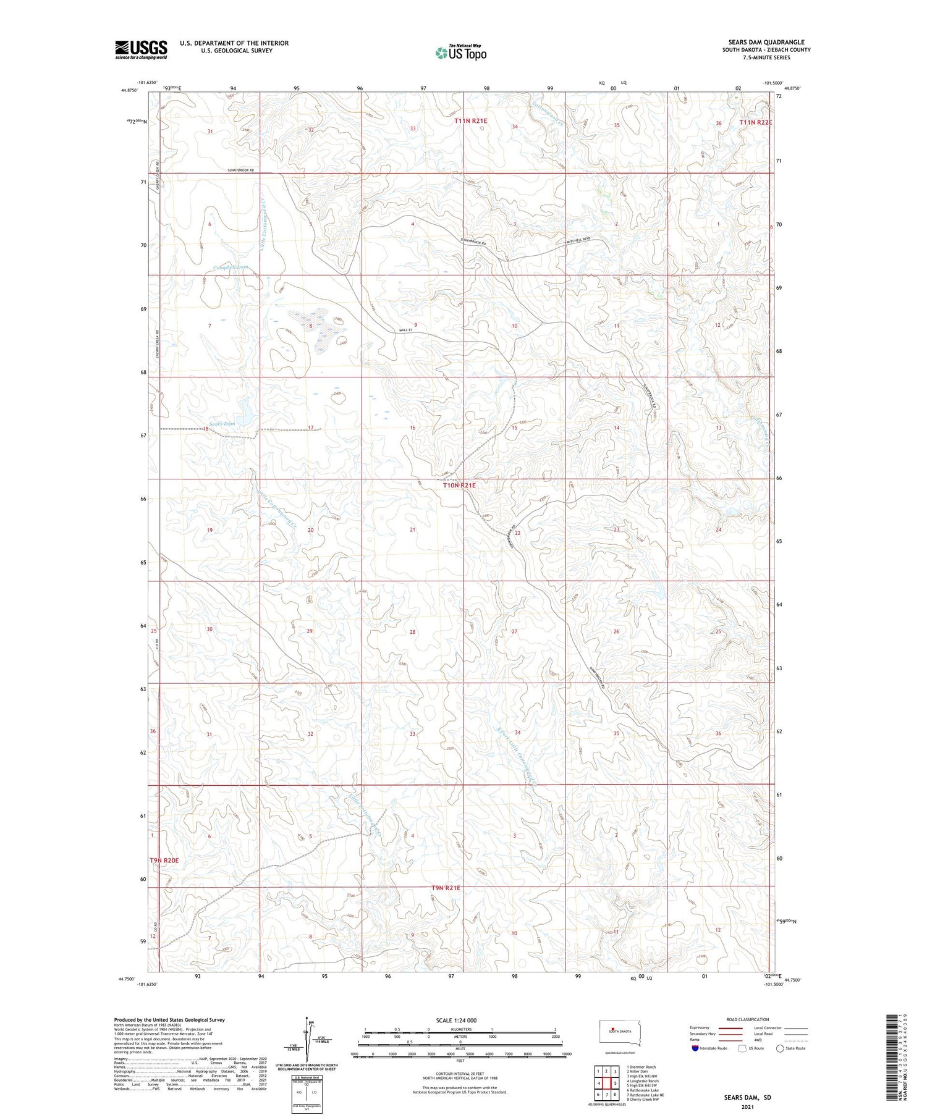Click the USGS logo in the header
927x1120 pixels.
click(x=141, y=49)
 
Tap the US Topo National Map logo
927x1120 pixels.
click(x=460, y=53)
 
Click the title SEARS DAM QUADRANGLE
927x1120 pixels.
click(x=769, y=42)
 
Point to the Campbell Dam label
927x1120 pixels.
click(x=231, y=267)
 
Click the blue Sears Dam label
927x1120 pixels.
click(x=222, y=424)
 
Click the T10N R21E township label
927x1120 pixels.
click(x=459, y=486)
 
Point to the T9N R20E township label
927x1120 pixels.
click(x=164, y=861)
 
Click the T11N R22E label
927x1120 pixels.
click(x=756, y=123)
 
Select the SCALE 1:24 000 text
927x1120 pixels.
click(x=460, y=1020)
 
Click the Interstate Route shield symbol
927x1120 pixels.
click(x=695, y=1048)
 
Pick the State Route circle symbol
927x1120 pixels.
click(x=781, y=1048)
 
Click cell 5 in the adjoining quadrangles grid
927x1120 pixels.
click(x=616, y=1084)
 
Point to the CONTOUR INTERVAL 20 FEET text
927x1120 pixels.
click(x=460, y=1074)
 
